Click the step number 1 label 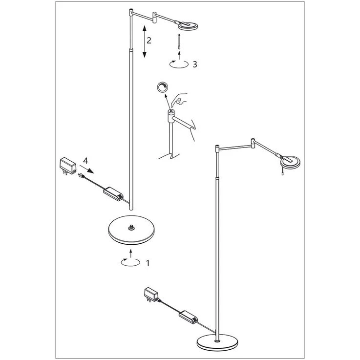[148, 263]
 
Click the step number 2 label [149, 41]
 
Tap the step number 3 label [195, 64]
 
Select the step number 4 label [85, 161]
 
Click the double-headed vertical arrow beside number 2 [144, 42]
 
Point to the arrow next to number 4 [87, 169]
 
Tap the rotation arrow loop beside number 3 [179, 64]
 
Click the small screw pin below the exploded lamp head [179, 42]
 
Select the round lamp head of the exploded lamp [188, 26]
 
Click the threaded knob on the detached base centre [131, 227]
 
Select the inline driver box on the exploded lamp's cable [113, 194]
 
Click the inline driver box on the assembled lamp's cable [188, 317]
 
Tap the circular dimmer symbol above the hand [162, 87]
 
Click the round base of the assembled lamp [217, 342]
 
